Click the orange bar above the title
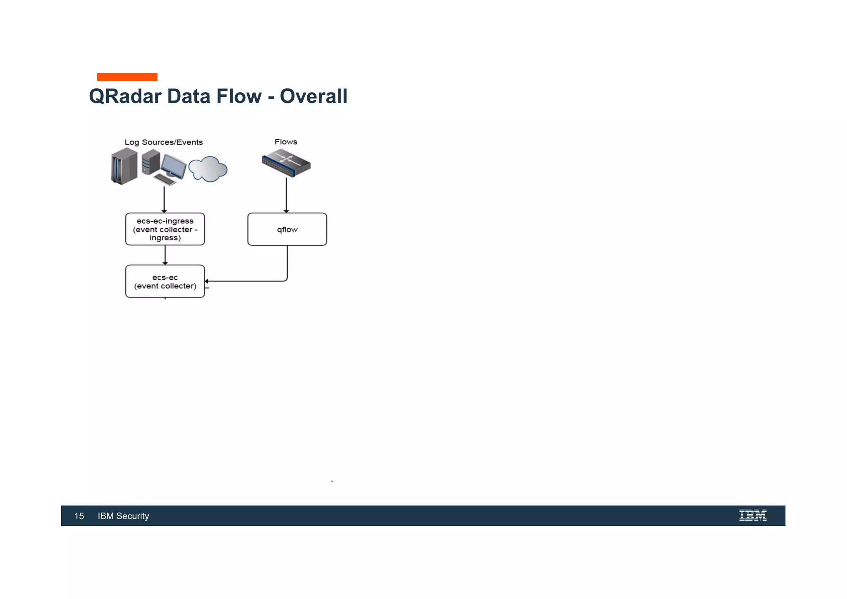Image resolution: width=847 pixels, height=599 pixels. (x=127, y=77)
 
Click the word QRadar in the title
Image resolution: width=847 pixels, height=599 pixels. (x=125, y=96)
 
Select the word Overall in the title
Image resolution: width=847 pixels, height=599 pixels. (x=313, y=96)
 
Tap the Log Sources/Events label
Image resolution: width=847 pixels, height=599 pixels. (x=164, y=142)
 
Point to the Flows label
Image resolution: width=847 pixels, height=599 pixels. (x=286, y=142)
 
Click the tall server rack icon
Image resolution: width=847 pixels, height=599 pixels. (x=124, y=166)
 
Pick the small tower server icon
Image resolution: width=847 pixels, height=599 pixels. (x=151, y=162)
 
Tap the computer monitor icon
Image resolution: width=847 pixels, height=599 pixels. (x=174, y=166)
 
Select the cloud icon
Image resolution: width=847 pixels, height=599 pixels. (x=208, y=169)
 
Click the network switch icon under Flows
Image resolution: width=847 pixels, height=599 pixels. (x=286, y=163)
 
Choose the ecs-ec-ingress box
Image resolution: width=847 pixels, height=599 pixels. (x=165, y=229)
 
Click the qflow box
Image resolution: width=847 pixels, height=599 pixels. (x=287, y=230)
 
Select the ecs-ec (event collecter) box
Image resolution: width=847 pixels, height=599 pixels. (x=165, y=282)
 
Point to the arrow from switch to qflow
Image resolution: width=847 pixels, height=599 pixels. (x=286, y=195)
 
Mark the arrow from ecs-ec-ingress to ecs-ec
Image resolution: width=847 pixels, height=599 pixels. (x=165, y=255)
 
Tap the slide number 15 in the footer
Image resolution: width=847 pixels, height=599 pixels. (x=79, y=516)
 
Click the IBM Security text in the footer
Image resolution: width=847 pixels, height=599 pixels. (x=123, y=516)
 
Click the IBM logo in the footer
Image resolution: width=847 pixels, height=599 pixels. (x=753, y=515)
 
